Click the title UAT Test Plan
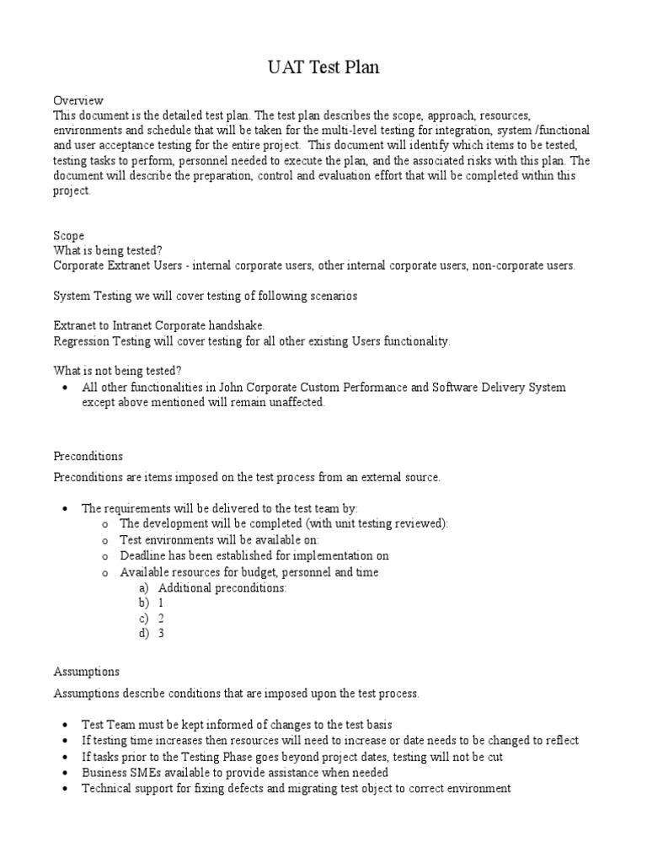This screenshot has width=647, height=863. tap(323, 67)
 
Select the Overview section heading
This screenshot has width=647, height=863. tap(78, 99)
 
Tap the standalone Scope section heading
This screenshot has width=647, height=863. tap(68, 236)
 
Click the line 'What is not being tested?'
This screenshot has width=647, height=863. tap(117, 371)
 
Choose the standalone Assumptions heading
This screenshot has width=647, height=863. tap(86, 672)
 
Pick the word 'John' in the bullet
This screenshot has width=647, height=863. tap(233, 388)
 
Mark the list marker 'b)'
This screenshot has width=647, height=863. tap(143, 603)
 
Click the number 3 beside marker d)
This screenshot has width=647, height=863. tap(161, 633)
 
